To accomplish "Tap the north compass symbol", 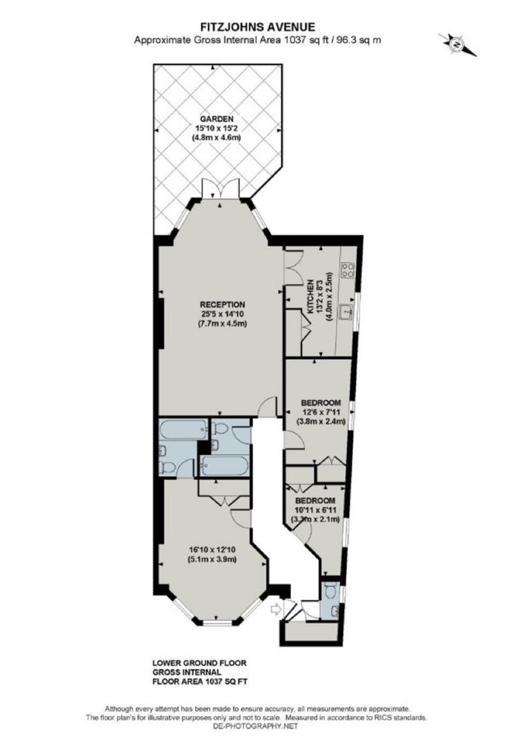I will (x=457, y=44).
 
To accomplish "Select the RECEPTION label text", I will (x=222, y=304).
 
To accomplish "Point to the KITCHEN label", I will (x=311, y=297).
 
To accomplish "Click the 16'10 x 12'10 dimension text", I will (x=213, y=550).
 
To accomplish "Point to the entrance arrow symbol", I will (x=276, y=608).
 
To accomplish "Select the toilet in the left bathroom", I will (x=166, y=468).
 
